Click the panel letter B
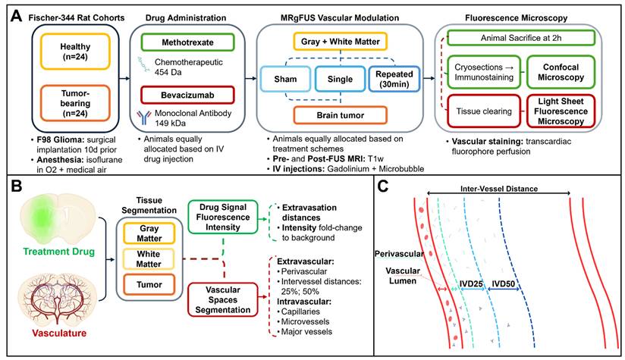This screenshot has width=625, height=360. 12,186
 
